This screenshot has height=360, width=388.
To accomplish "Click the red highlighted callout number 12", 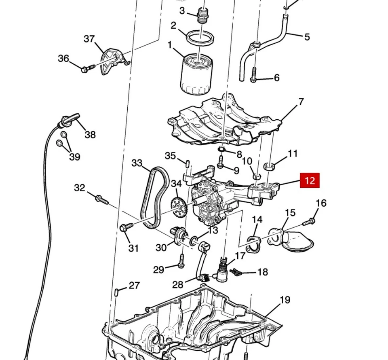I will pyautogui.click(x=309, y=180).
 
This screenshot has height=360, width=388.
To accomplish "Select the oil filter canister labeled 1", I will pyautogui.click(x=196, y=75).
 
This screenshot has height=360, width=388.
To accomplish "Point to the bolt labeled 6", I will pyautogui.click(x=253, y=75).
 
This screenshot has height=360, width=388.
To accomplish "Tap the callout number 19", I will pyautogui.click(x=285, y=300).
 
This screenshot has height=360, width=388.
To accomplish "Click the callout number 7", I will pyautogui.click(x=301, y=102).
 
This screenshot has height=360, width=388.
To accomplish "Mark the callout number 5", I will pyautogui.click(x=307, y=37).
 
